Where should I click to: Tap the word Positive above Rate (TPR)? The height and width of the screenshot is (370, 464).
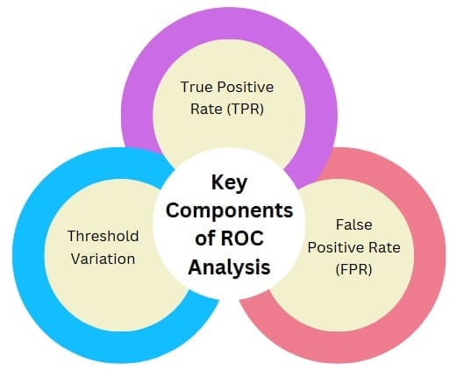point(247,88)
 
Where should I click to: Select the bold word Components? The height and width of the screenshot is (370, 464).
point(229,211)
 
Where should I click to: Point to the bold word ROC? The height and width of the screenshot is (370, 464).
point(242,238)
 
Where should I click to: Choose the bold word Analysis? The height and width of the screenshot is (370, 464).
point(229,266)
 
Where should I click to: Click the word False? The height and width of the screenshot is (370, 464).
point(354,224)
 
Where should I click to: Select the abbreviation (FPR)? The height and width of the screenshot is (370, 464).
point(353,271)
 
